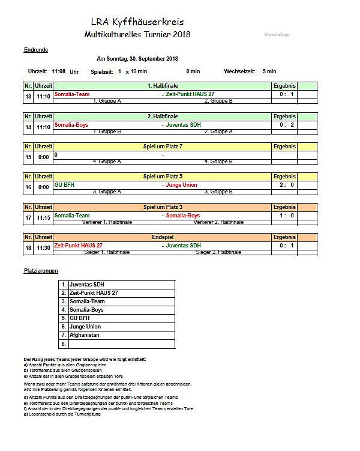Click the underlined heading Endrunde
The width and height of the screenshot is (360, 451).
click(x=35, y=49)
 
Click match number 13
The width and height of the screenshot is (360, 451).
click(x=28, y=96)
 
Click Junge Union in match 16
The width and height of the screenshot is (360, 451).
click(x=182, y=184)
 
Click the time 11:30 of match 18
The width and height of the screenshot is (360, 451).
click(x=43, y=247)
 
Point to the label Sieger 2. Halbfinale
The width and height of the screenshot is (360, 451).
click(x=219, y=252)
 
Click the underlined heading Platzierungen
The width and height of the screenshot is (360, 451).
click(x=41, y=271)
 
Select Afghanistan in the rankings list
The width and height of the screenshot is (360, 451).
click(x=85, y=335)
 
